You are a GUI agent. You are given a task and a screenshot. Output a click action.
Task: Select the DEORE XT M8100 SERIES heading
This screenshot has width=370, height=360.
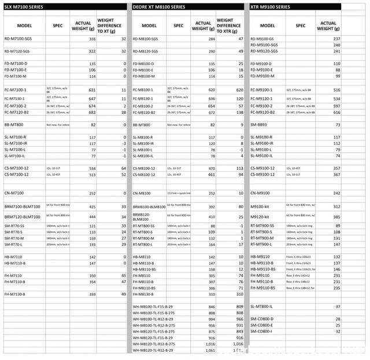160,7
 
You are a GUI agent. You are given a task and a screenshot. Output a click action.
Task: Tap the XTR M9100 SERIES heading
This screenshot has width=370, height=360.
271,7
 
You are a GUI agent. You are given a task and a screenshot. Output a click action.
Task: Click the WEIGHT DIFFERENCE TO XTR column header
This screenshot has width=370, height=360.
228,25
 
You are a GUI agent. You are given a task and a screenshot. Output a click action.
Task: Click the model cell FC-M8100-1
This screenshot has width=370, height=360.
144,90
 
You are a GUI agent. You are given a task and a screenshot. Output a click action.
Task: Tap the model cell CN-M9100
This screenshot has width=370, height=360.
261,193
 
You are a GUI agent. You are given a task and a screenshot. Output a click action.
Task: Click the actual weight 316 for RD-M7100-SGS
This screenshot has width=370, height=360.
91,39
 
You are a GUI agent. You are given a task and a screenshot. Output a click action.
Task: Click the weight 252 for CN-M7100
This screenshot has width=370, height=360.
91,193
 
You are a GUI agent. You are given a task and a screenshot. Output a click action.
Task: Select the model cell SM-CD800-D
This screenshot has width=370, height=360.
262,318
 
